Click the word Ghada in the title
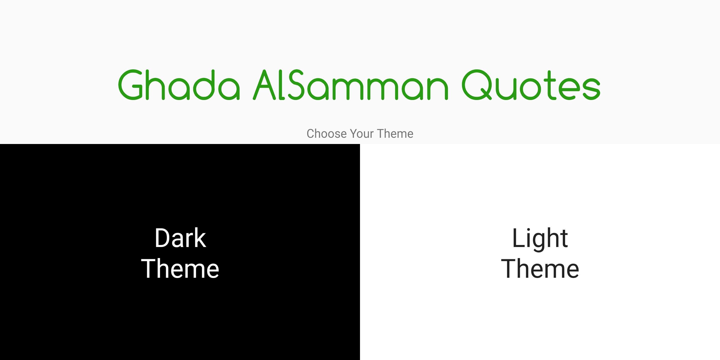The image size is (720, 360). (x=179, y=85)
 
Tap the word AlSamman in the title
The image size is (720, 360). (x=350, y=85)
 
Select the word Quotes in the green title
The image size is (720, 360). (x=531, y=85)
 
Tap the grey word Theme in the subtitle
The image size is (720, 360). (x=395, y=133)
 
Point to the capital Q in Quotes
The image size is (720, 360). (x=477, y=85)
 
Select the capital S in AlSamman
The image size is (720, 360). (x=296, y=85)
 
